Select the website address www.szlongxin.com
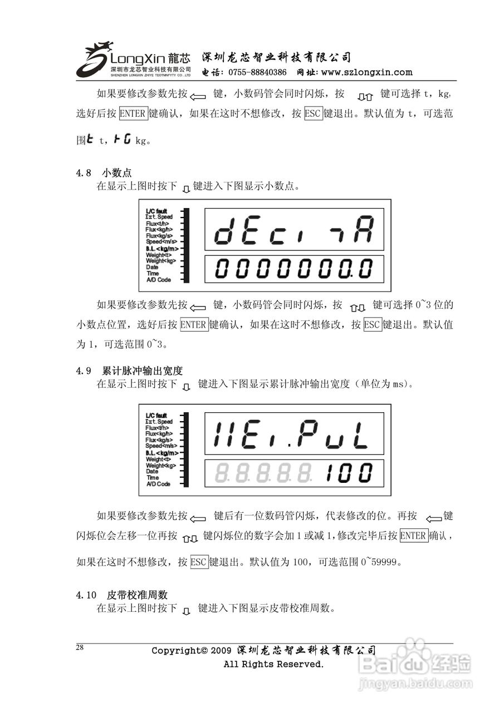click(x=367, y=72)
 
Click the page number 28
click(x=80, y=647)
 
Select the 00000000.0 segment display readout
click(x=294, y=269)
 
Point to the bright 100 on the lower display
click(x=349, y=473)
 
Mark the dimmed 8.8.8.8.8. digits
click(x=263, y=473)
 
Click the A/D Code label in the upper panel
click(x=158, y=280)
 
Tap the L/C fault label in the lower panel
click(x=156, y=416)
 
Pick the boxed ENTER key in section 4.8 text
click(x=194, y=325)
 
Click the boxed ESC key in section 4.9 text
click(x=199, y=562)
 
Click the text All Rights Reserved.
click(x=273, y=664)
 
